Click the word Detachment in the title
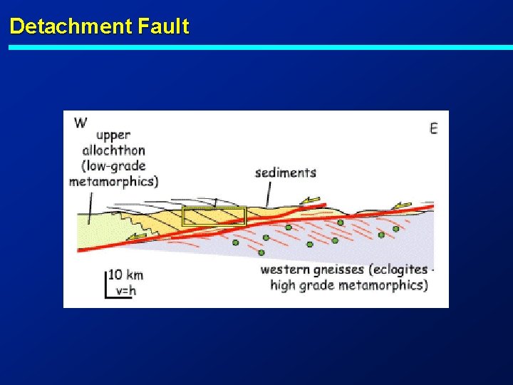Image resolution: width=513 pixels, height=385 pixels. tap(71, 27)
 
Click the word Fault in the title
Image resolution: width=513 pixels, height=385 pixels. tap(164, 27)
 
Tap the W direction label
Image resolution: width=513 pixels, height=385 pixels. tap(81, 123)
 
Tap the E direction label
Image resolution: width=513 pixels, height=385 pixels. tap(433, 128)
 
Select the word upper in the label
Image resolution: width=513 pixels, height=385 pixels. tap(113, 135)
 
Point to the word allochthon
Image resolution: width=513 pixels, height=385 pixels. tap(113, 150)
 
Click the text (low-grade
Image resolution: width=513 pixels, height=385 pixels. tap(113, 165)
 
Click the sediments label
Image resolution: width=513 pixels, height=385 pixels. tap(285, 172)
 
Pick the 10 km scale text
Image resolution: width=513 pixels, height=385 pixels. tap(126, 275)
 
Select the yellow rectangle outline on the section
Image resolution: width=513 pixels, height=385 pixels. tap(214, 216)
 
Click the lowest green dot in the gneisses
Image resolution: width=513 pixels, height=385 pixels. tap(261, 252)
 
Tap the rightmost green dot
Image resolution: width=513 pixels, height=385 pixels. tap(395, 229)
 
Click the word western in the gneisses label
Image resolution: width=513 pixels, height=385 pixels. tap(284, 269)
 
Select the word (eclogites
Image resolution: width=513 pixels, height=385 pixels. tap(391, 269)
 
